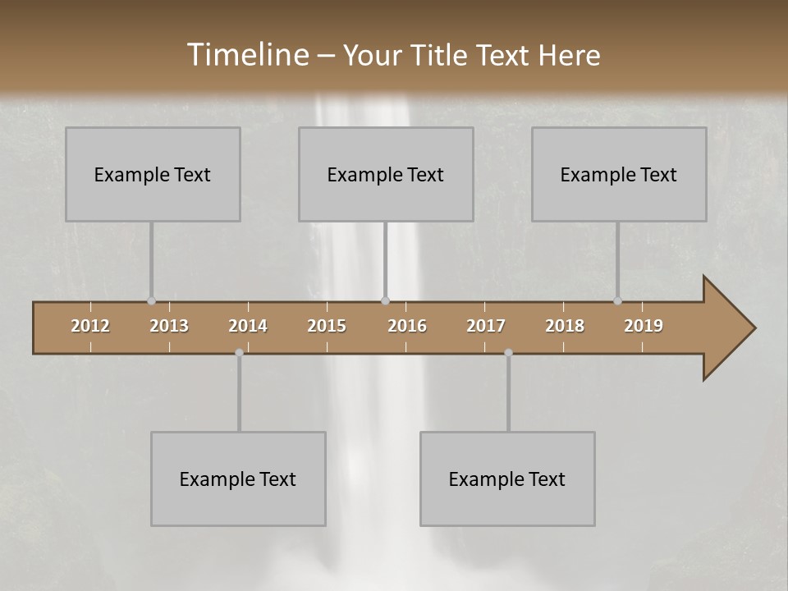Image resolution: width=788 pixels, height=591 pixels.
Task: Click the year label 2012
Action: (x=90, y=326)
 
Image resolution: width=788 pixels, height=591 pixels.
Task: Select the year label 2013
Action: (x=169, y=326)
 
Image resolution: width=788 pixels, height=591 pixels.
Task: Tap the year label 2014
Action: (x=248, y=326)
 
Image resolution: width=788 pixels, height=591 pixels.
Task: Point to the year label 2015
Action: (x=327, y=326)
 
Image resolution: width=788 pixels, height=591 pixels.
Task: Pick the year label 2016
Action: (x=407, y=326)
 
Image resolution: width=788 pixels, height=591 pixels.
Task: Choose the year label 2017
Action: (x=486, y=326)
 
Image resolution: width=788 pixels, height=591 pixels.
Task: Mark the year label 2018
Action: (x=565, y=326)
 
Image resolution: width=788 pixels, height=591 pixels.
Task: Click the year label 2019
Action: (x=644, y=326)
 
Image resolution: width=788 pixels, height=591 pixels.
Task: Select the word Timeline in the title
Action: (x=246, y=55)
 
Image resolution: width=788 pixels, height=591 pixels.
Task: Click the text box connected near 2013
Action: (x=153, y=174)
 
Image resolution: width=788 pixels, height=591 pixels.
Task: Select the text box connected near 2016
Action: (x=386, y=174)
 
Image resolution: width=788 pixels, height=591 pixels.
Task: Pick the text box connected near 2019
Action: (x=619, y=174)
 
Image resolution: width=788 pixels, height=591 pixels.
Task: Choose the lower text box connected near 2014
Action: (x=238, y=479)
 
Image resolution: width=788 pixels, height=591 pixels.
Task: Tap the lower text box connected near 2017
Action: (x=507, y=479)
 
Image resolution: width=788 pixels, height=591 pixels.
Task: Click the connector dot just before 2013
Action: (x=151, y=300)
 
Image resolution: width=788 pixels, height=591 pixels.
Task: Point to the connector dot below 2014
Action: (x=239, y=352)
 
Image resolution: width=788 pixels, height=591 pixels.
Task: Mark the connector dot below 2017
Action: (x=508, y=352)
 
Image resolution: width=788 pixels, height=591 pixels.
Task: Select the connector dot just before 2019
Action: (x=617, y=300)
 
